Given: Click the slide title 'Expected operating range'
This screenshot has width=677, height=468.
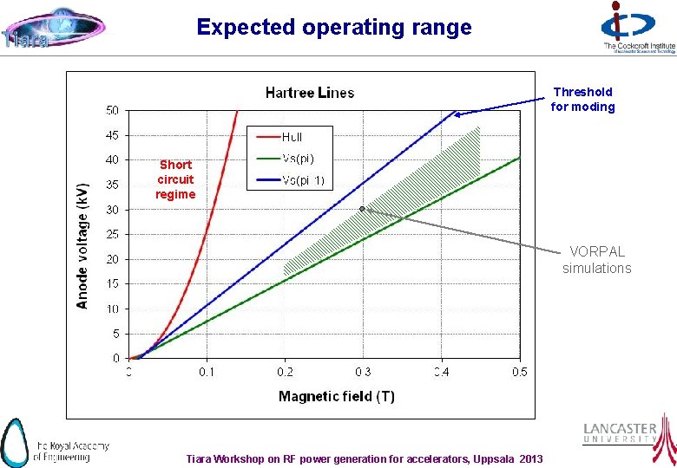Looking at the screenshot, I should [334, 27].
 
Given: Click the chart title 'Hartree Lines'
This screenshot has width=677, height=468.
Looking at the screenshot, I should [310, 93].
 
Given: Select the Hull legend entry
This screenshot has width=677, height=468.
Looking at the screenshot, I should [292, 136].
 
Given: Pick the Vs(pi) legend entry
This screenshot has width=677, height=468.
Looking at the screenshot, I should [298, 159].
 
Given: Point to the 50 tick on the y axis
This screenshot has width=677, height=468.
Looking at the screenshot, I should [113, 110].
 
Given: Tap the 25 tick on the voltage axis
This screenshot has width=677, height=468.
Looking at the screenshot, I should [113, 234].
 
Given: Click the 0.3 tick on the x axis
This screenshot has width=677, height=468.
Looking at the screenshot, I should [363, 373].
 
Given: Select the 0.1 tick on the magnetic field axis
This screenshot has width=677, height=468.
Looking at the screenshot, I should [207, 373].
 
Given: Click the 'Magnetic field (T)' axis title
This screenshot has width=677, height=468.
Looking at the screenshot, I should [336, 396].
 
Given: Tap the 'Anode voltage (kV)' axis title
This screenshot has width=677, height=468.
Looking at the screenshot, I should [82, 246].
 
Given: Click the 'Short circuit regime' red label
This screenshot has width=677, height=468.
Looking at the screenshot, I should [175, 179].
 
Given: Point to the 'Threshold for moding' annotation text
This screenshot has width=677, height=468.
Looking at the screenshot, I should [582, 100].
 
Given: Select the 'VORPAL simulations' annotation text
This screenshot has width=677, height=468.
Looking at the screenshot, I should [596, 260].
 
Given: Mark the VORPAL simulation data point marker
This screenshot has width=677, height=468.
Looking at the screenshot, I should [362, 209].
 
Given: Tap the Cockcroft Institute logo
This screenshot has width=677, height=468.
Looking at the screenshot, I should [638, 29].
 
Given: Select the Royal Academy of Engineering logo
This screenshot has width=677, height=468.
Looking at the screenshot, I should [55, 442].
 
